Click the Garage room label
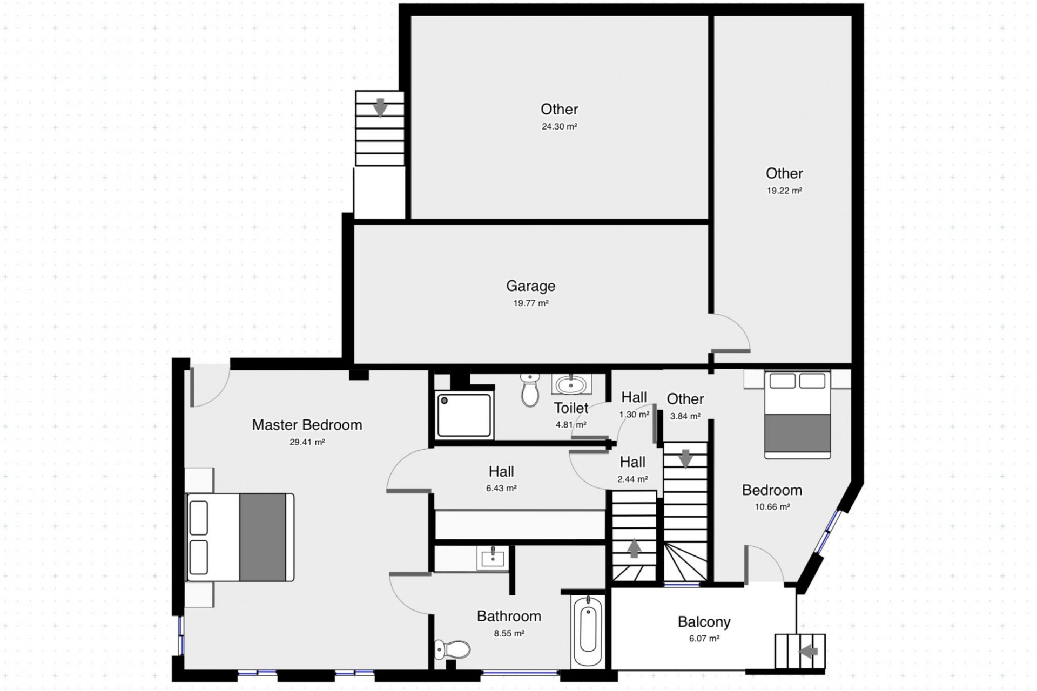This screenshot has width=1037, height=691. pyautogui.click(x=530, y=286)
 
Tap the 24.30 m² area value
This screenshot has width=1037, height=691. pyautogui.click(x=559, y=127)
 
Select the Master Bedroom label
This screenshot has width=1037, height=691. pyautogui.click(x=307, y=425)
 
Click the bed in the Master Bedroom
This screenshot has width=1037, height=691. pyautogui.click(x=240, y=537)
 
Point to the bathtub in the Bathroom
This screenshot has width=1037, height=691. pyautogui.click(x=588, y=631)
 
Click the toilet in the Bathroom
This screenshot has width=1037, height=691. pyautogui.click(x=453, y=649)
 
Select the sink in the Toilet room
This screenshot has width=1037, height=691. pyautogui.click(x=571, y=385)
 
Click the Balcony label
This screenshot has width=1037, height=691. pyautogui.click(x=704, y=622)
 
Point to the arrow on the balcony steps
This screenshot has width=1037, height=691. pyautogui.click(x=809, y=652)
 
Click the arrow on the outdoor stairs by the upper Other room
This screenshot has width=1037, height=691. pyautogui.click(x=380, y=107)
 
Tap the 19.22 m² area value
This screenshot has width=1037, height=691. pyautogui.click(x=784, y=191)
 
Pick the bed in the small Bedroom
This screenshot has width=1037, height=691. pyautogui.click(x=797, y=415)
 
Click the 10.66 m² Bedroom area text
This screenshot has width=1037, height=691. pyautogui.click(x=772, y=507)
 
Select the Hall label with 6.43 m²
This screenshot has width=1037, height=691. pyautogui.click(x=501, y=471)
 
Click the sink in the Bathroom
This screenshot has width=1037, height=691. pyautogui.click(x=493, y=558)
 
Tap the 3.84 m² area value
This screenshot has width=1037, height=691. pyautogui.click(x=685, y=416)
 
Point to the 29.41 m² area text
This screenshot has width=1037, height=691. pyautogui.click(x=307, y=442)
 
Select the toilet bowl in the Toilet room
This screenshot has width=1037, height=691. pyautogui.click(x=530, y=391)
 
